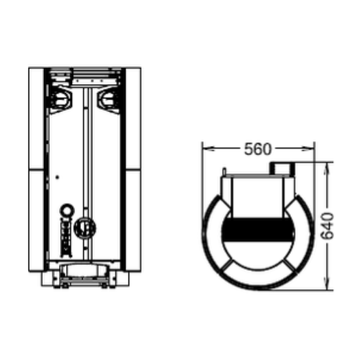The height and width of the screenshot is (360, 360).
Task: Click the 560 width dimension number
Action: point(258,149)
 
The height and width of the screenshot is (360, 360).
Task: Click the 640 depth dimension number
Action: point(328,226)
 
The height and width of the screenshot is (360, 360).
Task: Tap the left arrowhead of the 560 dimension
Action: point(208,149)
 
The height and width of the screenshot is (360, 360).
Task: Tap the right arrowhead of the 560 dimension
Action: point(307,149)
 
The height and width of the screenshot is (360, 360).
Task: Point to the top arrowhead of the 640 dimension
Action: point(326,168)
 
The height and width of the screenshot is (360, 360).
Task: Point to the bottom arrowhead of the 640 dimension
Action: point(326,284)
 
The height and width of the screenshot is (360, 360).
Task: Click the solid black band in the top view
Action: point(258,230)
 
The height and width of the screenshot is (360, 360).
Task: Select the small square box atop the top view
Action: point(282,168)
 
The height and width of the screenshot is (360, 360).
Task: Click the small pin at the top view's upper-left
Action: point(225,171)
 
